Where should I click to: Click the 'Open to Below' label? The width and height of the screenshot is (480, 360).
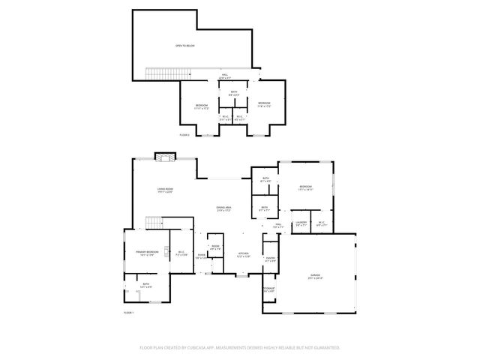184,46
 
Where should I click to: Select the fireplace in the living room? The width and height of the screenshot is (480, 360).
164,156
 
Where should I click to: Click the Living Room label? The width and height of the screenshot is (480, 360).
165,190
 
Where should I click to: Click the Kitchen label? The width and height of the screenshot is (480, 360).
244,253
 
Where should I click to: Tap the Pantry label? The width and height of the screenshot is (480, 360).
270,258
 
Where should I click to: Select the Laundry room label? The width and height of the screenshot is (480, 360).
301,222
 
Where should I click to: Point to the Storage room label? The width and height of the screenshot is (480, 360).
268,289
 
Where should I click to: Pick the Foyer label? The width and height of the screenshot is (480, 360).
201,255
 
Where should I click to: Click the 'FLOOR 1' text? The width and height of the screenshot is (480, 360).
128,312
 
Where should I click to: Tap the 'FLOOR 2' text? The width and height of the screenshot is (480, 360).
184,134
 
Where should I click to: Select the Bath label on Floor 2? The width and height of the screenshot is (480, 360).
234,92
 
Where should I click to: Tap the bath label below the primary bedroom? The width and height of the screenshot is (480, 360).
146,285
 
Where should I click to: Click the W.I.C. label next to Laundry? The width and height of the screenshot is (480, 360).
320,222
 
